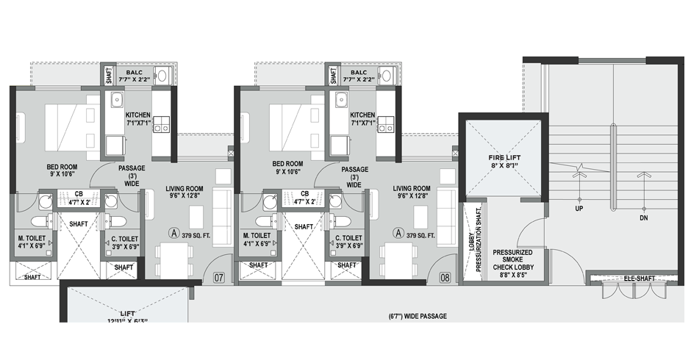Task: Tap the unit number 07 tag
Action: pyautogui.click(x=219, y=278)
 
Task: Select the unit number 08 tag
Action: pyautogui.click(x=445, y=278)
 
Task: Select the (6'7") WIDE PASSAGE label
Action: pyautogui.click(x=418, y=317)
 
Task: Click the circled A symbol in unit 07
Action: pyautogui.click(x=174, y=234)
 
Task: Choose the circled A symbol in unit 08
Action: pyautogui.click(x=399, y=234)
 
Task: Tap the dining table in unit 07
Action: pyautogui.click(x=175, y=259)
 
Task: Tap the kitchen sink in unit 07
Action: pyautogui.click(x=116, y=100)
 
